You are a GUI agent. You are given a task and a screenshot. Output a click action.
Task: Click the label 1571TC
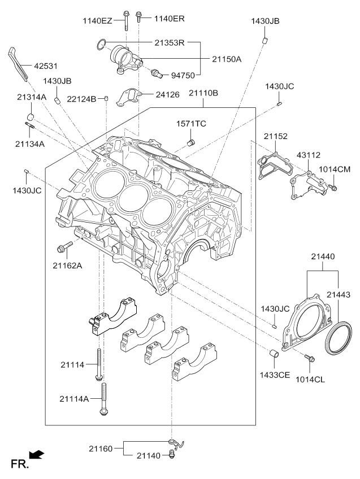click(x=190, y=124)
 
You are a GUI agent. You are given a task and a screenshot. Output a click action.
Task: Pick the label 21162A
click(x=68, y=265)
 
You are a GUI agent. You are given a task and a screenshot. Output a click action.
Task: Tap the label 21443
click(x=339, y=295)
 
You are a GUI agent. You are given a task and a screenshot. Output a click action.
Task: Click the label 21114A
click(x=75, y=399)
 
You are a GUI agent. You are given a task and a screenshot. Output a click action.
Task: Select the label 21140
click(x=148, y=455)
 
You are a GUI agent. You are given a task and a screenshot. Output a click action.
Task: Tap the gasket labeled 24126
click(x=129, y=97)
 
